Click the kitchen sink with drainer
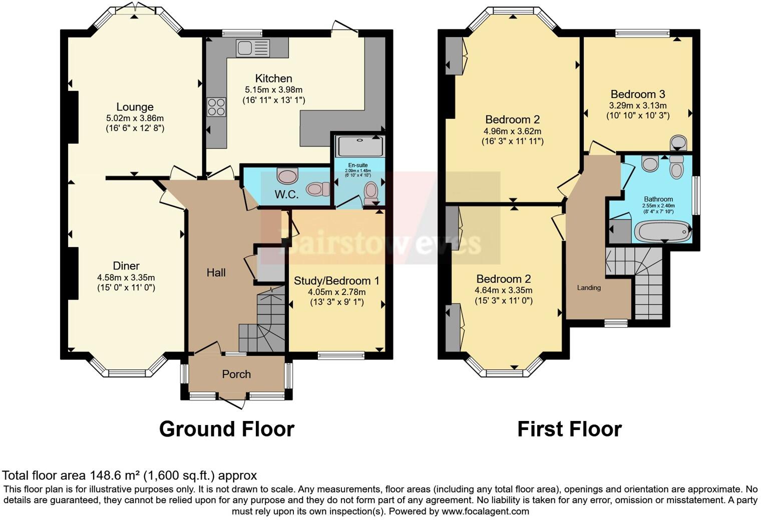[x=253, y=48]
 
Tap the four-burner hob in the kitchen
[x=216, y=106]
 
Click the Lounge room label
[x=135, y=107]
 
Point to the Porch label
[x=236, y=374]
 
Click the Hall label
[x=216, y=272]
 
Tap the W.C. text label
[x=286, y=194]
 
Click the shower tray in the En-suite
[x=360, y=146]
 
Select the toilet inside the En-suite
[x=371, y=192]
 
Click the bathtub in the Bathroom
[x=661, y=232]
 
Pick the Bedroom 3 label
[x=638, y=94]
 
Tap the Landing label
[x=589, y=288]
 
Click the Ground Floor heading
[x=226, y=429]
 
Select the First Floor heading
[x=569, y=429]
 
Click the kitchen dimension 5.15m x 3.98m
[x=273, y=90]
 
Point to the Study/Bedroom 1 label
[x=336, y=281]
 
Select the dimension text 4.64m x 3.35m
[x=503, y=290]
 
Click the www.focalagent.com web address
[x=485, y=511]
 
